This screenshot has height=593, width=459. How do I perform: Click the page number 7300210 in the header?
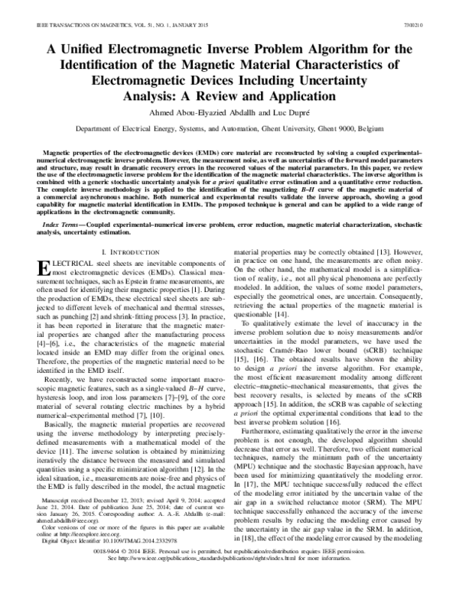click(x=433, y=25)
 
